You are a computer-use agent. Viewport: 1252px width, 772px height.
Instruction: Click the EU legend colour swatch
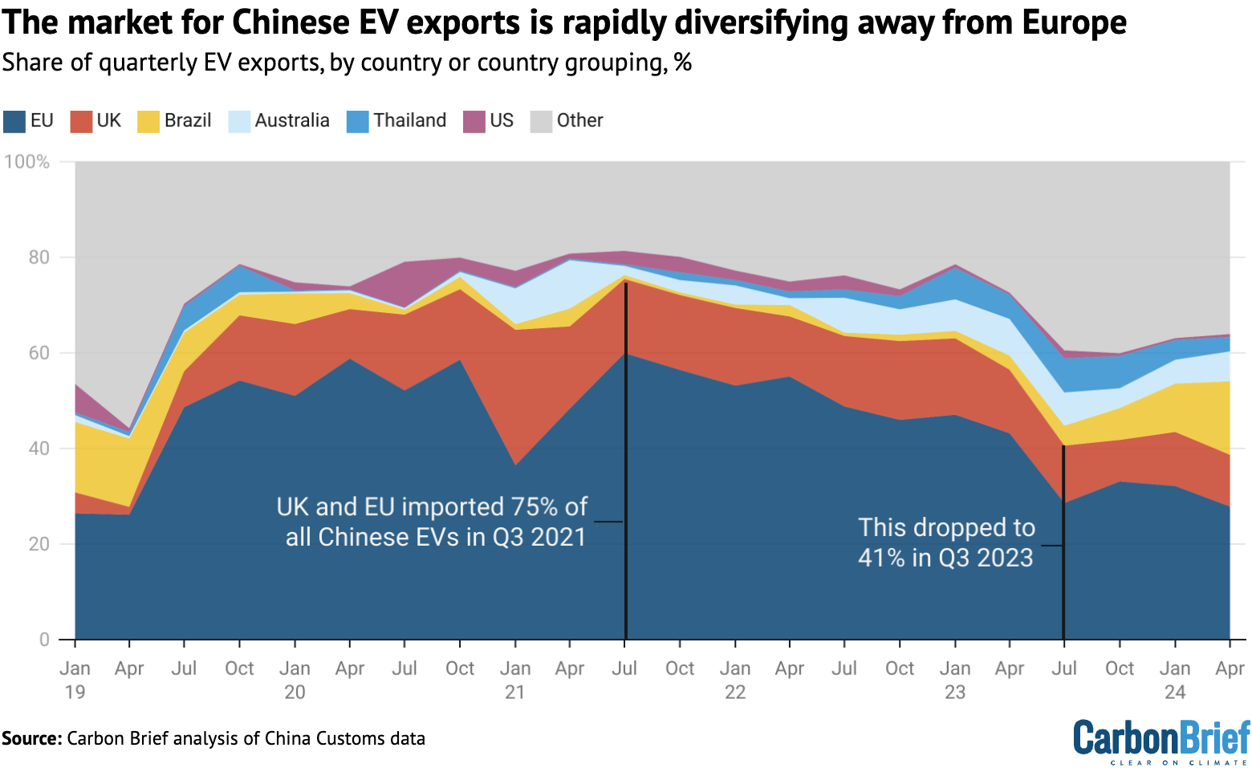click(14, 121)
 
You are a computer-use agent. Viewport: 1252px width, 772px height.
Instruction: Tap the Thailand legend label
click(409, 120)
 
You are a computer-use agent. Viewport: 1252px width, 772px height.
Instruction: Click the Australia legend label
click(292, 120)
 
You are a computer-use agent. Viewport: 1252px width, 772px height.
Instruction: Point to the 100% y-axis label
click(26, 162)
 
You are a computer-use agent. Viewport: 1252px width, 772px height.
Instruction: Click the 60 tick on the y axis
click(39, 353)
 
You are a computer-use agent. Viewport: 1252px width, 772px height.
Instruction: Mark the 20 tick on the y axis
click(39, 544)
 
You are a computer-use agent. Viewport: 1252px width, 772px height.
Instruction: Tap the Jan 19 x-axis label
click(75, 679)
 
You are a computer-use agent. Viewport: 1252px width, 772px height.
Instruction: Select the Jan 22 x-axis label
click(735, 679)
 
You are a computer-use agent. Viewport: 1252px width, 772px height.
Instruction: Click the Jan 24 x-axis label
click(1175, 679)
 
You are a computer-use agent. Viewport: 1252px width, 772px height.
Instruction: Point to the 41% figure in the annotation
click(881, 558)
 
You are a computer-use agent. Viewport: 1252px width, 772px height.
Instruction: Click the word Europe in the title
click(1075, 22)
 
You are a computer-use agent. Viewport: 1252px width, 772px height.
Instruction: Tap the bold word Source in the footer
click(31, 738)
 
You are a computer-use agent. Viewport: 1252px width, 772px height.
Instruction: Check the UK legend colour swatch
click(81, 121)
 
